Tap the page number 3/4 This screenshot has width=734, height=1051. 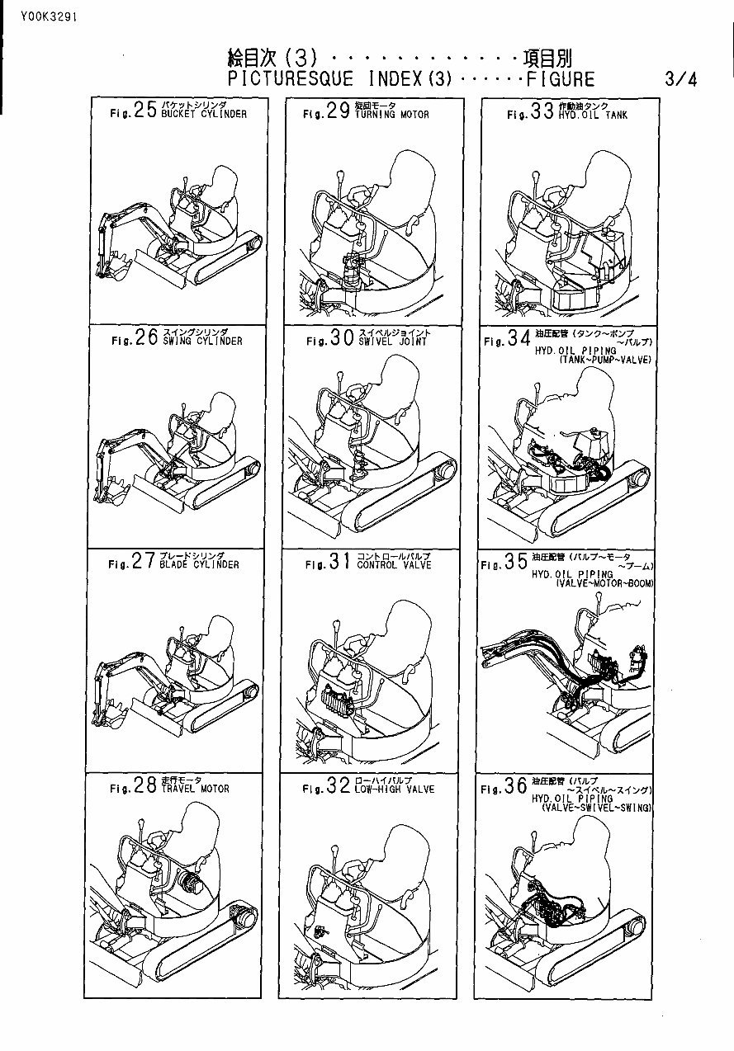[x=680, y=80]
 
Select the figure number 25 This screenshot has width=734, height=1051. [x=145, y=112]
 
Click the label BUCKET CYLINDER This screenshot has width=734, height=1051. [x=204, y=115]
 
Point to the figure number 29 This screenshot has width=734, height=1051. [x=338, y=113]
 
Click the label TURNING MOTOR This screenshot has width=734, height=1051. [x=392, y=115]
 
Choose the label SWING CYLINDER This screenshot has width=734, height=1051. [x=202, y=341]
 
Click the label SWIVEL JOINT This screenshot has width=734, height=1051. [x=391, y=341]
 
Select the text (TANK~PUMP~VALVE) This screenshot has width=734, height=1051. [x=605, y=361]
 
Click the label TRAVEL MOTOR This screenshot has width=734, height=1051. [x=196, y=788]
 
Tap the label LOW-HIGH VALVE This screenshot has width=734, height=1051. [x=395, y=789]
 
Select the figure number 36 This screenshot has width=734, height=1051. [x=515, y=787]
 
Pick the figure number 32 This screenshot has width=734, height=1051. [x=339, y=787]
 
